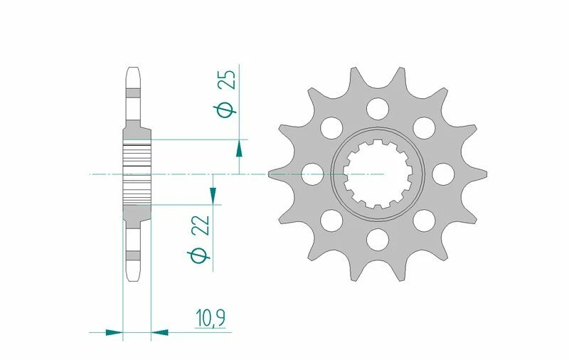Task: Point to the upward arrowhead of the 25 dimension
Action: tap(239, 147)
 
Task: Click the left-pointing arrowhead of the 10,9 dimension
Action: tap(159, 332)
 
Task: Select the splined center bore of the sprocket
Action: tap(378, 174)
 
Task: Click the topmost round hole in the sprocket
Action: tap(378, 108)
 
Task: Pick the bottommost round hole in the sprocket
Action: tap(378, 240)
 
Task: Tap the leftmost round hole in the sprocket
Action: tap(312, 174)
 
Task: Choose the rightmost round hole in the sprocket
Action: tap(443, 174)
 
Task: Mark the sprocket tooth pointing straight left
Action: tap(274, 174)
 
